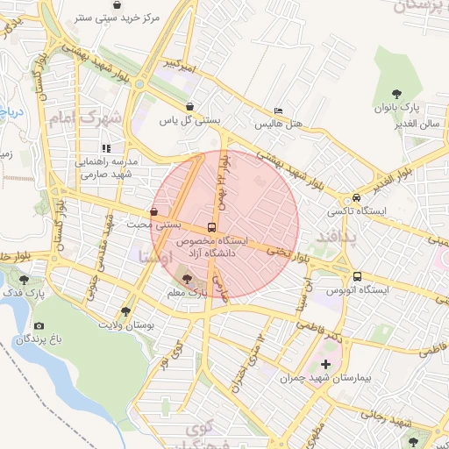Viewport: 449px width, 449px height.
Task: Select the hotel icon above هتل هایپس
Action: tap(278, 111)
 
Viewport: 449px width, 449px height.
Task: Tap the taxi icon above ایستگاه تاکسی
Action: tap(356, 197)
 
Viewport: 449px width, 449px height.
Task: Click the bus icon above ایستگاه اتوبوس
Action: tap(356, 275)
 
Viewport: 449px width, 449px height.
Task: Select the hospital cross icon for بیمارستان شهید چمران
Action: tap(327, 363)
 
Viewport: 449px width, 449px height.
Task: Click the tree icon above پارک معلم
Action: tap(187, 281)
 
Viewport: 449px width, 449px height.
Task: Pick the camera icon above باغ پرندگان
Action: tap(39, 325)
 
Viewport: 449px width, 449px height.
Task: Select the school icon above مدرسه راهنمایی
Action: tap(108, 148)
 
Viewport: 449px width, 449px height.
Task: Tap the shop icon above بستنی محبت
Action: tap(154, 211)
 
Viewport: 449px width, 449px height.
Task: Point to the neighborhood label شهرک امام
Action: tap(86, 119)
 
